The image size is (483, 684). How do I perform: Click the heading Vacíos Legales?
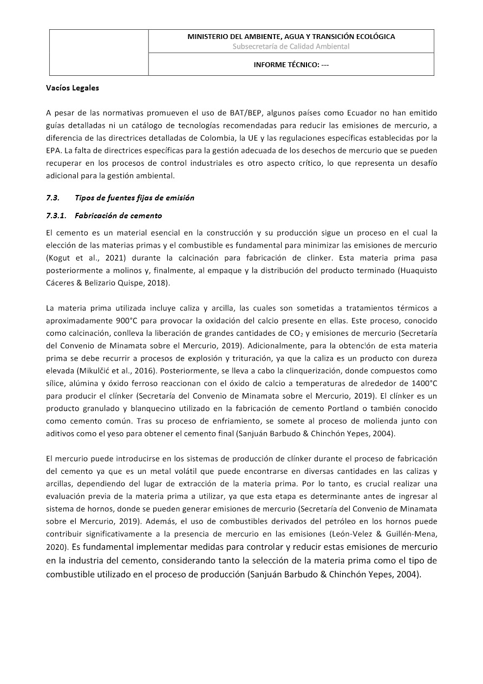73,87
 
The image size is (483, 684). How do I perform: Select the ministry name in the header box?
291,37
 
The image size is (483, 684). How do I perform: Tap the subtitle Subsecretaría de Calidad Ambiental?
291,47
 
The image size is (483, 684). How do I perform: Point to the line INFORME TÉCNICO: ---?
291,64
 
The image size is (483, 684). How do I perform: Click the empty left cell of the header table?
99,53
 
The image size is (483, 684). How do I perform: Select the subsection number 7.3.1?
56,216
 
